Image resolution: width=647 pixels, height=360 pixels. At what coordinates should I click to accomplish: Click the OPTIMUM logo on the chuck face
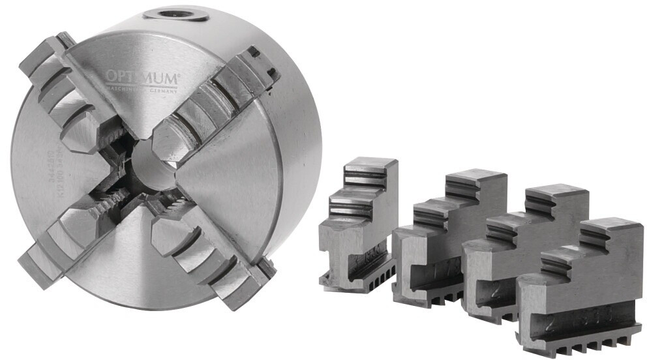pyautogui.click(x=142, y=78)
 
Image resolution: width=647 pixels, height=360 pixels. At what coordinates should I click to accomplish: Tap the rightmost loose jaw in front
pyautogui.click(x=580, y=287)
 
